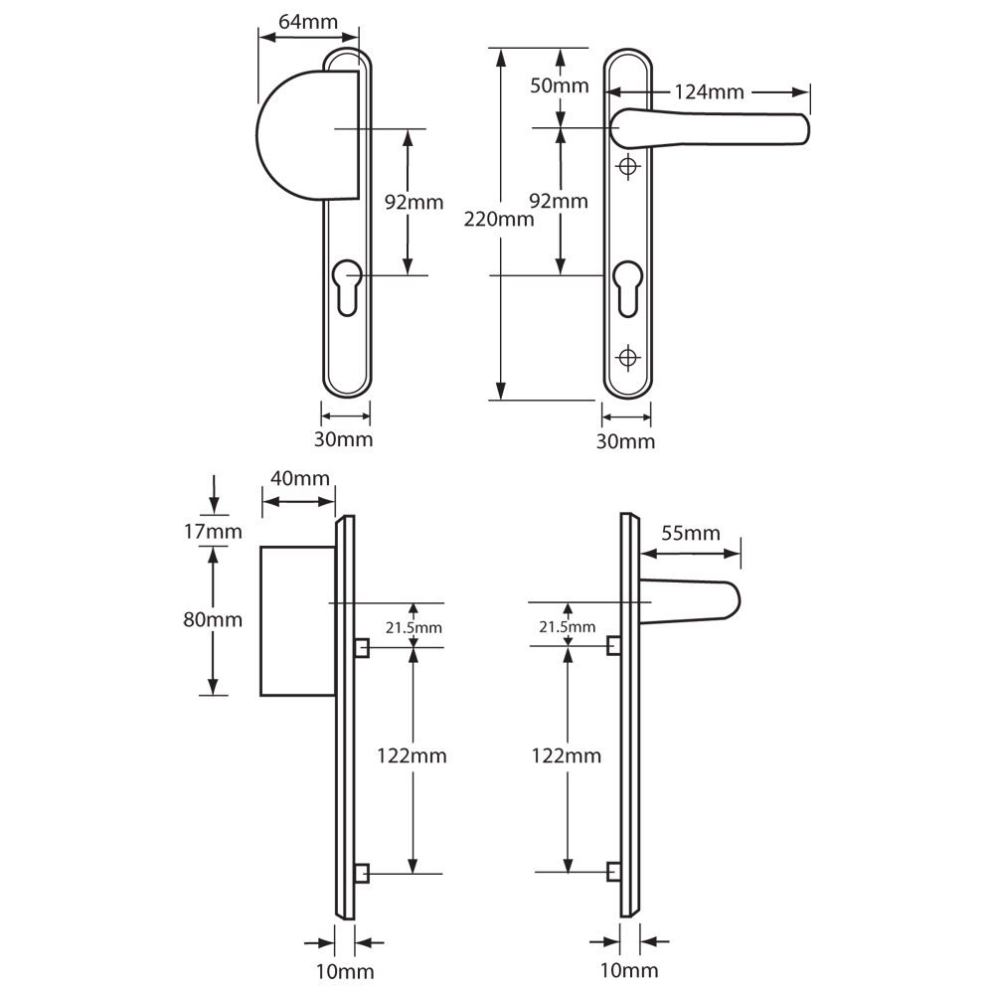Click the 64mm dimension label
click(x=306, y=21)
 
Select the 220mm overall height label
click(x=499, y=220)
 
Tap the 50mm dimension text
click(x=560, y=85)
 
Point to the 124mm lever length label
click(x=709, y=92)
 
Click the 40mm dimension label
click(x=300, y=478)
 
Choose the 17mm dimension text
click(x=213, y=532)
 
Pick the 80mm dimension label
click(x=213, y=619)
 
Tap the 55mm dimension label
click(x=690, y=534)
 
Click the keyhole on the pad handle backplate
click(x=346, y=286)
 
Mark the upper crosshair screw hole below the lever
click(x=626, y=168)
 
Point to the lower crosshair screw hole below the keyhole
click(x=626, y=356)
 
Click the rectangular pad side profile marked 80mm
click(x=296, y=620)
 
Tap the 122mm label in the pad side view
click(x=412, y=756)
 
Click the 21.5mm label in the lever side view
click(x=567, y=627)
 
